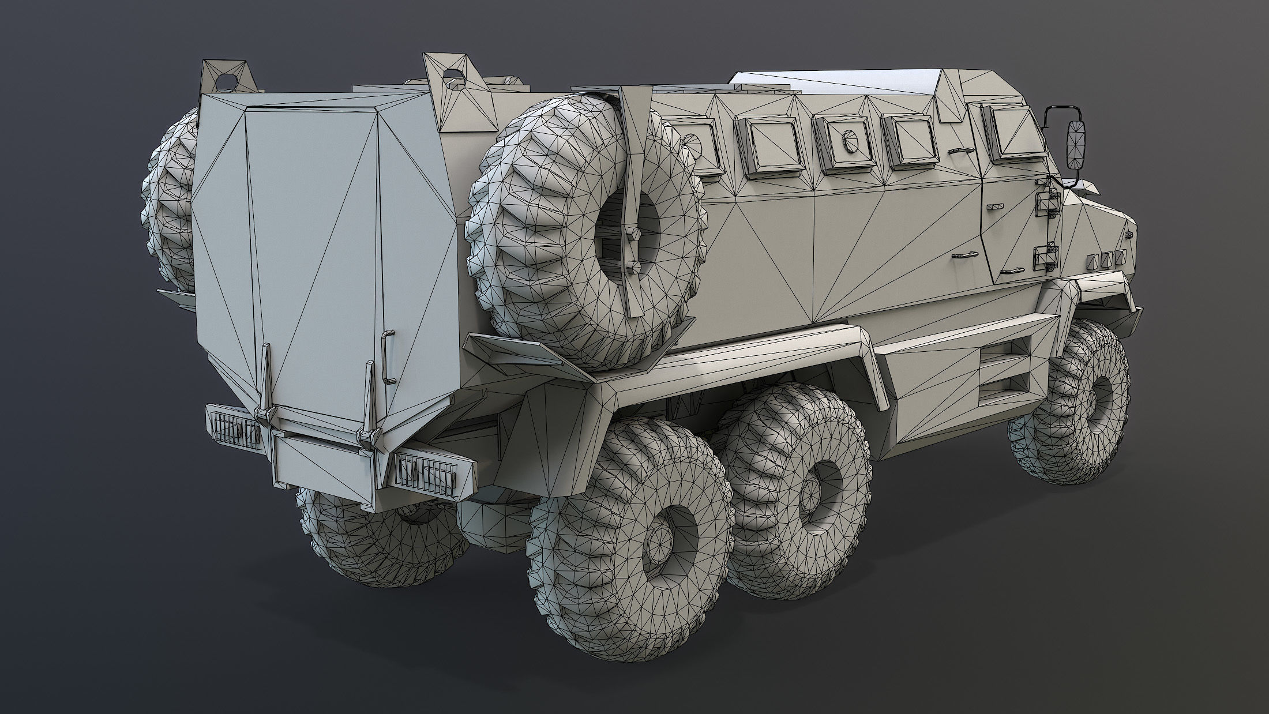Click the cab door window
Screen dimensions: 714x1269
(1018, 133)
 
